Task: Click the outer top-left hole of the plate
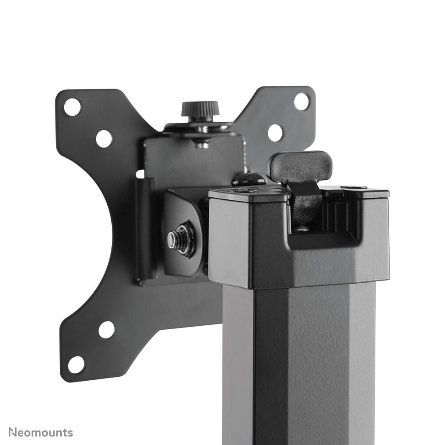[72, 107]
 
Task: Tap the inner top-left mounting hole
[104, 139]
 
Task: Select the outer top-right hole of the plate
[301, 101]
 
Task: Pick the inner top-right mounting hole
[275, 133]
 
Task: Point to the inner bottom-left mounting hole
[106, 329]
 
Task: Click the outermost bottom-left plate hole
[76, 364]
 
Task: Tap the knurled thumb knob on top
[200, 109]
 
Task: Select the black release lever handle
[300, 166]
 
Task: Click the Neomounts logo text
[41, 432]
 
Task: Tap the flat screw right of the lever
[354, 187]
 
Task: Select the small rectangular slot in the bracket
[140, 173]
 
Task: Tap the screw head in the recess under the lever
[302, 229]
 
